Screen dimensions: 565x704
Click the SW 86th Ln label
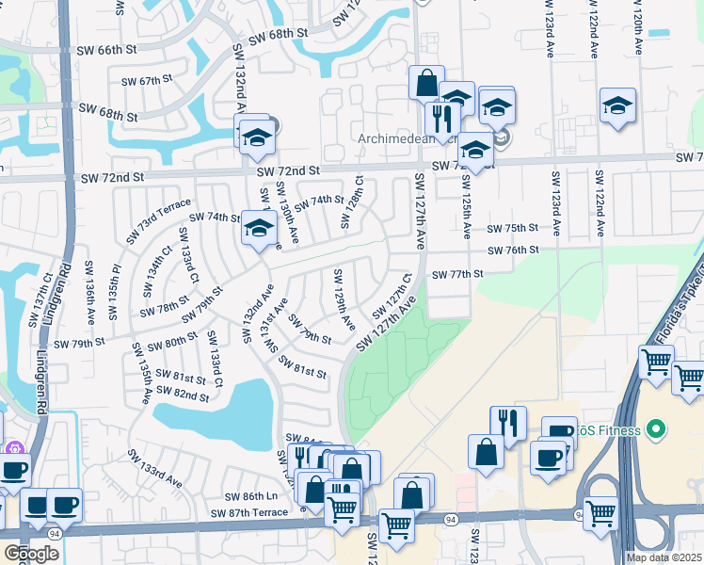coord(252,496)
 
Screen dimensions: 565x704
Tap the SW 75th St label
coord(512,228)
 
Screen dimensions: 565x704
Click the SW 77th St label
coord(457,274)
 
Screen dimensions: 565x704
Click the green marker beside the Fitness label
coord(657,431)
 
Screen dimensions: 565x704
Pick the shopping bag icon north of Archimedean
coord(426,82)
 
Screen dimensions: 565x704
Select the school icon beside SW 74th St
coord(259,229)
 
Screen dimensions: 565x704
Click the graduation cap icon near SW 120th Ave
coord(617,106)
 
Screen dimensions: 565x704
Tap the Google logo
coord(31,554)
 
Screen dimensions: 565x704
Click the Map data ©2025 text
coord(664,558)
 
